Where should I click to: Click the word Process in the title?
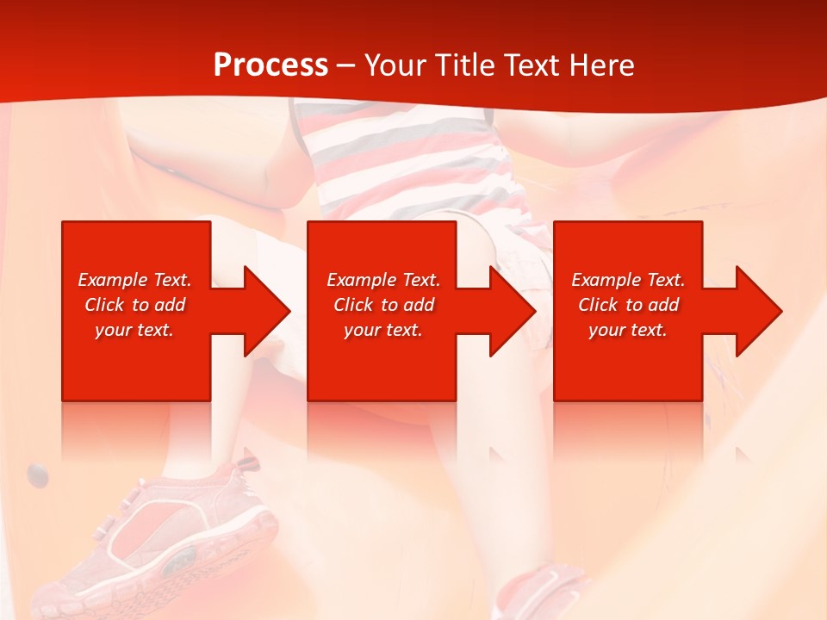coord(270,65)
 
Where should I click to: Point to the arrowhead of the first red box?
coord(258,311)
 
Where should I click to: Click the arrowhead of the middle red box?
coord(505,311)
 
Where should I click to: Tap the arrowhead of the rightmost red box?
coord(751,311)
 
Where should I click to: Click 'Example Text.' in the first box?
coord(134,280)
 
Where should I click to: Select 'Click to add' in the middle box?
coord(383,305)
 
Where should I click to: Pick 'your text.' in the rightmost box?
coord(627,330)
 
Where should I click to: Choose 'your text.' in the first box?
coord(134,330)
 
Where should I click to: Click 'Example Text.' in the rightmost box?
coord(628,280)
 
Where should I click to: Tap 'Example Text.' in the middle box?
coord(383,280)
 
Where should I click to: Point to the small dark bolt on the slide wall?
coord(37,472)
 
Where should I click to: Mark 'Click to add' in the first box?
coord(134,305)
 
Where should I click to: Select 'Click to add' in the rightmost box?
coord(628,305)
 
